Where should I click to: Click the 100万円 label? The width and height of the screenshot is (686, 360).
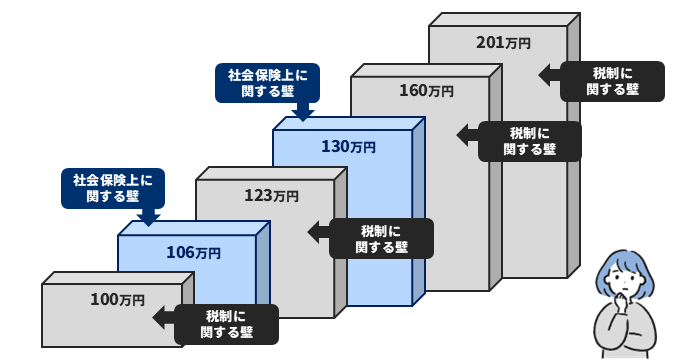(x=117, y=299)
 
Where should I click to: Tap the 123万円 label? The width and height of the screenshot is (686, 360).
(x=271, y=195)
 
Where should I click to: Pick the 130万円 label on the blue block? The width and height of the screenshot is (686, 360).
(x=348, y=146)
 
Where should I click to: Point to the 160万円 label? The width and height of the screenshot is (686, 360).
(x=426, y=91)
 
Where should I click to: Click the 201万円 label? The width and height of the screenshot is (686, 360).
(x=503, y=42)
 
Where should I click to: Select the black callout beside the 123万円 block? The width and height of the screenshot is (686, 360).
(x=382, y=238)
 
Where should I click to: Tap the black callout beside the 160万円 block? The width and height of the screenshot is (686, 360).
(x=529, y=141)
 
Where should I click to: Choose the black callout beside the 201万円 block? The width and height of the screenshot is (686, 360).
(x=612, y=81)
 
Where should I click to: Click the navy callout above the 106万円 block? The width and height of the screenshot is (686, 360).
(x=113, y=188)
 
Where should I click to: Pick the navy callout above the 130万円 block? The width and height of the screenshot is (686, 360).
(x=267, y=82)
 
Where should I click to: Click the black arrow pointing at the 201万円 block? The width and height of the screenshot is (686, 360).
(x=549, y=75)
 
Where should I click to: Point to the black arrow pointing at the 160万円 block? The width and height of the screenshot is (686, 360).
(x=467, y=133)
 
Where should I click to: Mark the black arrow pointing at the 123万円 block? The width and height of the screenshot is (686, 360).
(x=317, y=231)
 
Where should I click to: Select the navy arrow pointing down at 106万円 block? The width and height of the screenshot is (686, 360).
(x=149, y=215)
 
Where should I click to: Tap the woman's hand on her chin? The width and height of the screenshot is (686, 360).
(x=622, y=299)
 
